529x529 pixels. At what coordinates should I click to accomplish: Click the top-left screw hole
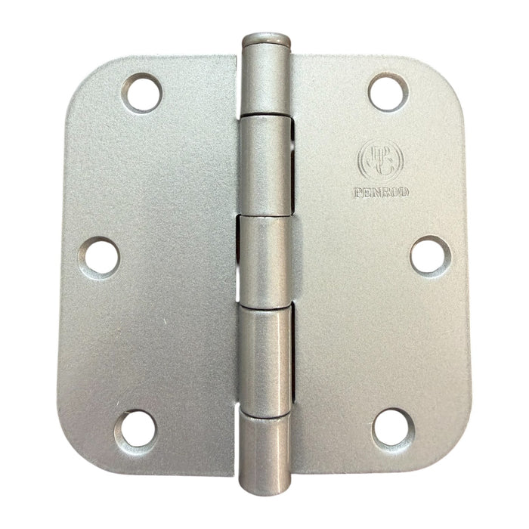[x=142, y=92]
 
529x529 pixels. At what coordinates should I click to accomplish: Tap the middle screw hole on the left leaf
[x=101, y=255]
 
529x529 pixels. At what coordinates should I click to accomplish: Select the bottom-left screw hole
[x=134, y=428]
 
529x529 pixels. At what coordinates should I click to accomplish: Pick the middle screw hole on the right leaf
[x=428, y=255]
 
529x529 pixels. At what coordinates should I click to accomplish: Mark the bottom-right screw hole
[x=393, y=428]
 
